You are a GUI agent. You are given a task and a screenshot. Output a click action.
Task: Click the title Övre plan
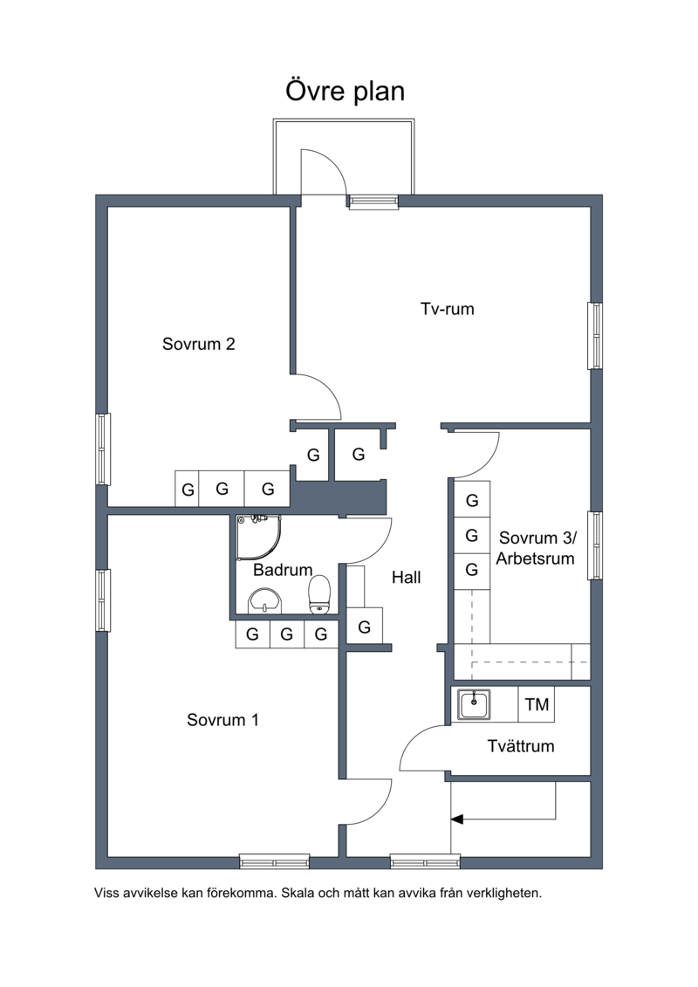pyautogui.click(x=345, y=92)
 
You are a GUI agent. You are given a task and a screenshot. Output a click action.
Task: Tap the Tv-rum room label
pyautogui.click(x=447, y=309)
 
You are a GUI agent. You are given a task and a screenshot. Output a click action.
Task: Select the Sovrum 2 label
pyautogui.click(x=198, y=344)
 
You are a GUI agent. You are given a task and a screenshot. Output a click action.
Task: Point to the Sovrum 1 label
pyautogui.click(x=222, y=719)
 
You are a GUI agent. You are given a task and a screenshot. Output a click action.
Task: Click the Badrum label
pyautogui.click(x=283, y=570)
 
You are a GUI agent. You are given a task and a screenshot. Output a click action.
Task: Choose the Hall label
pyautogui.click(x=406, y=577)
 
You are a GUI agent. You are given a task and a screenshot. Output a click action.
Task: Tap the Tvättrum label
pyautogui.click(x=521, y=746)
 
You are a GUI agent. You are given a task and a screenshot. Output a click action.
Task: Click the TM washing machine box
pyautogui.click(x=537, y=704)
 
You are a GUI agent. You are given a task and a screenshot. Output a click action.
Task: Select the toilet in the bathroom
pyautogui.click(x=319, y=594)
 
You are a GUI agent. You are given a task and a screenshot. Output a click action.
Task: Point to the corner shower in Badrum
pyautogui.click(x=258, y=538)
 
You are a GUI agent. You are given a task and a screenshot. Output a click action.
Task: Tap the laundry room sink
pyautogui.click(x=474, y=704)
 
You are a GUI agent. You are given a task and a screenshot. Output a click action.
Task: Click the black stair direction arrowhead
pyautogui.click(x=457, y=819)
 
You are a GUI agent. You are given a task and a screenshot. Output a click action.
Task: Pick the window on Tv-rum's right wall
pyautogui.click(x=595, y=335)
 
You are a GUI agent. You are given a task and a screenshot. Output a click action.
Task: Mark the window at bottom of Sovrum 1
pyautogui.click(x=275, y=861)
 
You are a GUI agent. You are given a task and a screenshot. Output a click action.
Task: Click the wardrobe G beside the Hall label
pyautogui.click(x=365, y=627)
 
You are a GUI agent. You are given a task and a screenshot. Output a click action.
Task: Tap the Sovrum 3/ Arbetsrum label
pyautogui.click(x=537, y=548)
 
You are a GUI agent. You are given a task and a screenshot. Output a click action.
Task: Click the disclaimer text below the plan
pyautogui.click(x=318, y=893)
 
